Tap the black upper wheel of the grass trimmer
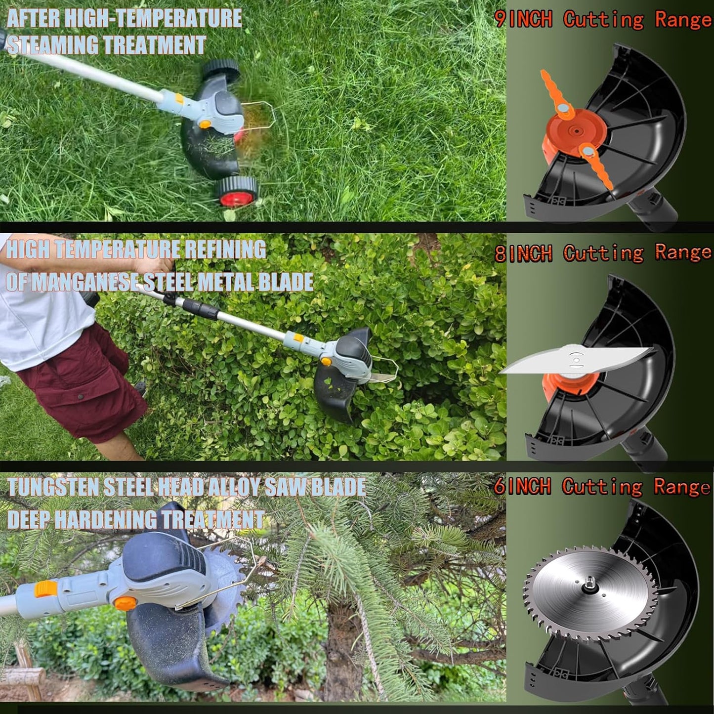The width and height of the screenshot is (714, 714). coord(221,70)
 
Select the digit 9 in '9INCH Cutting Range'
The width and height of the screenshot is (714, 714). coord(500,20)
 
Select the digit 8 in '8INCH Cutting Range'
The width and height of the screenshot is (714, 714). coord(500,254)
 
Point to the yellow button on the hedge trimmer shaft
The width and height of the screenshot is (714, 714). coord(298,338)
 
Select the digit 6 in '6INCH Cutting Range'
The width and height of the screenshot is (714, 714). coord(500,487)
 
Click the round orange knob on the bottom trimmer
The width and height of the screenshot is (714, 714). coord(125,603)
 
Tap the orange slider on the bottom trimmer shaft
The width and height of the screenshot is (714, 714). coord(46,589)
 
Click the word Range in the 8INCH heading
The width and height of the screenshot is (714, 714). coord(683,252)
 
